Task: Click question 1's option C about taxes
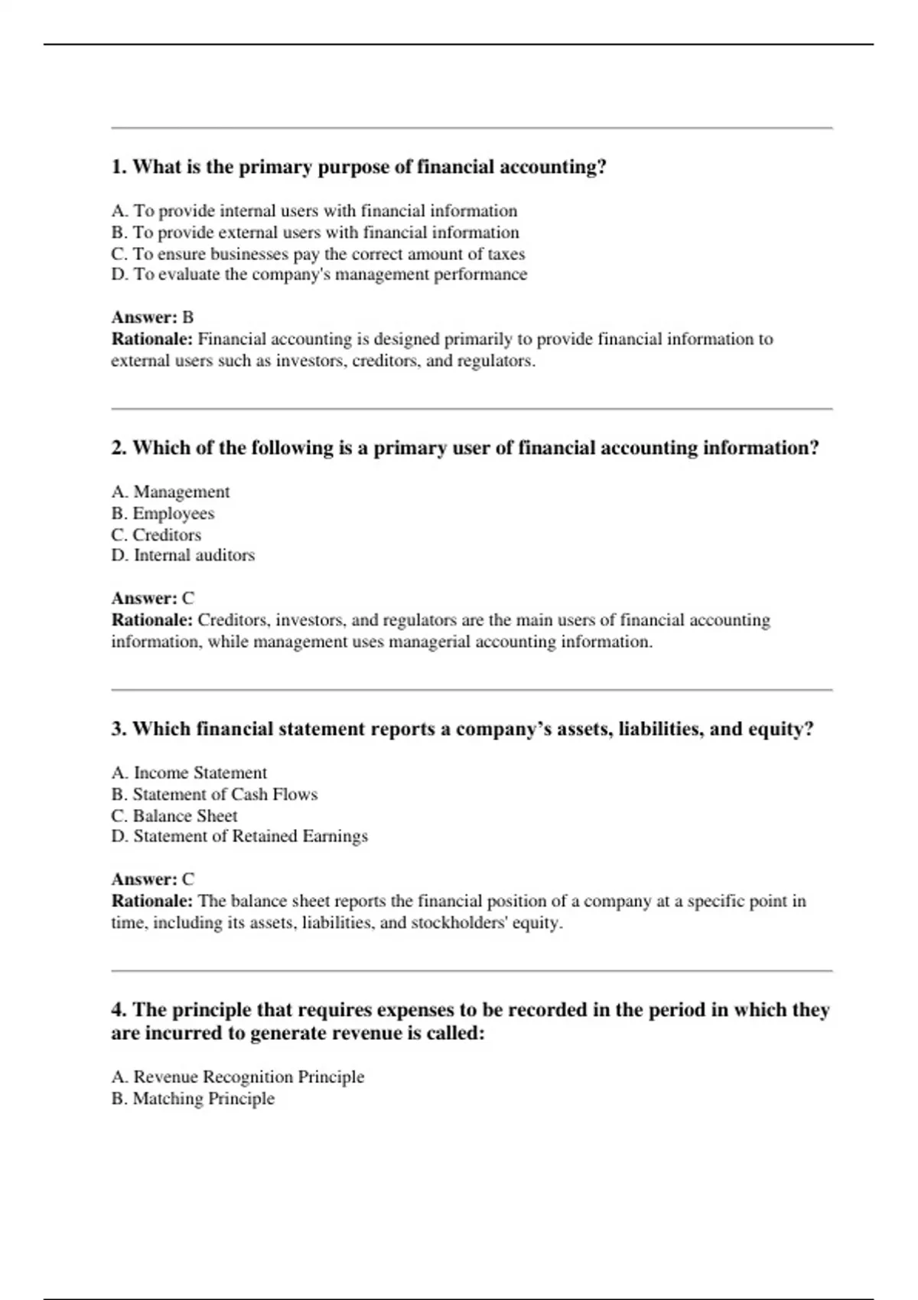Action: (317, 254)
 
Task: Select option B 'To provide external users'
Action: (314, 232)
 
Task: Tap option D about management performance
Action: (319, 275)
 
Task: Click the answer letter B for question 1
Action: (188, 317)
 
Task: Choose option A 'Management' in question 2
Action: (170, 492)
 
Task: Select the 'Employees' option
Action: (162, 513)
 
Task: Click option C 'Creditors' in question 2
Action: (156, 535)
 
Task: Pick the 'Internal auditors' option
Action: (183, 555)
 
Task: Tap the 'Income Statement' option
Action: (189, 773)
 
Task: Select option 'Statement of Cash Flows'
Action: (214, 795)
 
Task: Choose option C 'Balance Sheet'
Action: (174, 816)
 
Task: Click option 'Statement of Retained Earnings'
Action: (239, 837)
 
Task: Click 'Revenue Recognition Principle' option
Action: (237, 1077)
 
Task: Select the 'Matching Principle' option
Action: (193, 1099)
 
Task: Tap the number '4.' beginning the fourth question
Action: (119, 1010)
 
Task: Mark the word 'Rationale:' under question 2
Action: (151, 620)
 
